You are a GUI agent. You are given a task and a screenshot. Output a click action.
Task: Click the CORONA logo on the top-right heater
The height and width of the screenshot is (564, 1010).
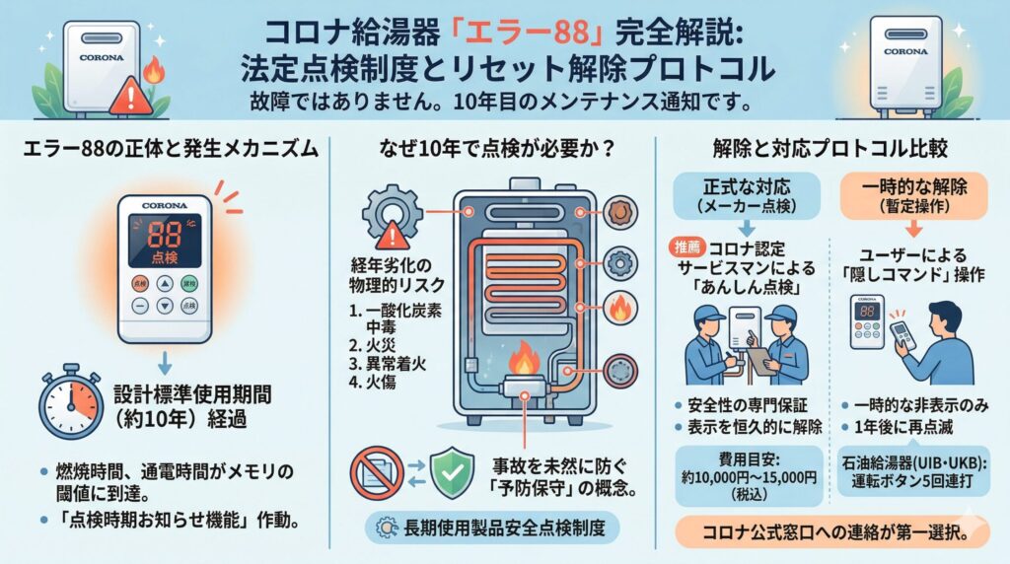click(905, 51)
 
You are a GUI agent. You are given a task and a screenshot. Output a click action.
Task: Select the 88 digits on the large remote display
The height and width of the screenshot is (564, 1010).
click(165, 235)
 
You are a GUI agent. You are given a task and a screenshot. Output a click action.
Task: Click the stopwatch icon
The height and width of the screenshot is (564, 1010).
click(71, 402)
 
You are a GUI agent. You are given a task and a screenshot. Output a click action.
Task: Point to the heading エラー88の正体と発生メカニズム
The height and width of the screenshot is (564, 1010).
click(171, 149)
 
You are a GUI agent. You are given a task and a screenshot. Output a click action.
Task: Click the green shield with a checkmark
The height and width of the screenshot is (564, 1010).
click(452, 474)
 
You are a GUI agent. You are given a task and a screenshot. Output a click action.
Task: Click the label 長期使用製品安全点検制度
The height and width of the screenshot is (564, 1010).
click(504, 529)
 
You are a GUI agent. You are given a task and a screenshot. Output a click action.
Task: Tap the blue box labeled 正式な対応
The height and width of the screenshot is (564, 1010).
click(747, 196)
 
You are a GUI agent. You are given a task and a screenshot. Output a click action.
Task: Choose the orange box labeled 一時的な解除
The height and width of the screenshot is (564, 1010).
click(914, 196)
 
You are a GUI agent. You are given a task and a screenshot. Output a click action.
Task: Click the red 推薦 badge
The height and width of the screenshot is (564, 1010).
click(687, 247)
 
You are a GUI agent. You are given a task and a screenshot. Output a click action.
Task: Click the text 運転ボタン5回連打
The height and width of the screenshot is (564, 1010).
click(912, 481)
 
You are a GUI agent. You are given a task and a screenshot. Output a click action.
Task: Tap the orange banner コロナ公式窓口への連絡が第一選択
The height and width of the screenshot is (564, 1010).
click(832, 532)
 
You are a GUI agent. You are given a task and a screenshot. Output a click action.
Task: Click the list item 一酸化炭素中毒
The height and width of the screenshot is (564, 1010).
click(396, 318)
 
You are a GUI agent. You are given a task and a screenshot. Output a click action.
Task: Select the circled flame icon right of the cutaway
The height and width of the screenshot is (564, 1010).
click(620, 307)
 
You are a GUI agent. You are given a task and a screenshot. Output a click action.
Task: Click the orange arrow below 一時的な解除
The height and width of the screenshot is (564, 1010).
click(914, 229)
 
